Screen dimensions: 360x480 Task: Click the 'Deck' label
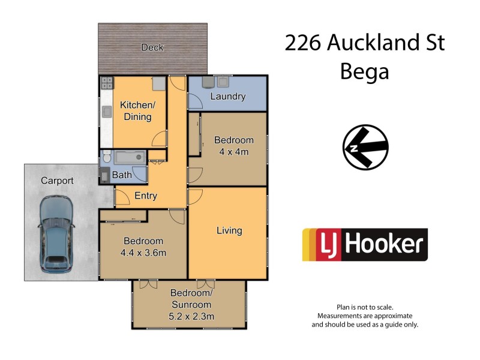click(x=152, y=47)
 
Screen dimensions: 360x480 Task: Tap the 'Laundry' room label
click(x=227, y=97)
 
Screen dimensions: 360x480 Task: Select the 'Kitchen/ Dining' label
click(x=137, y=111)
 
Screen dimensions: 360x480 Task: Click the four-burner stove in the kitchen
click(x=107, y=83)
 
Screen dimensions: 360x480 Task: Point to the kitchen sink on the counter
click(x=106, y=111)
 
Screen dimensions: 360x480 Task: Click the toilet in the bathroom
click(x=106, y=158)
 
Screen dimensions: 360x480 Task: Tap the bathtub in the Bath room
click(x=130, y=157)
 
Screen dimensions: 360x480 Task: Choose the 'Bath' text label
click(x=122, y=175)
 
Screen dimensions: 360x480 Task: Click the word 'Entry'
click(x=146, y=196)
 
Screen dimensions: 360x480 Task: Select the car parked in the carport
click(x=55, y=234)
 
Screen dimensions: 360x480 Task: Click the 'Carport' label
click(x=57, y=181)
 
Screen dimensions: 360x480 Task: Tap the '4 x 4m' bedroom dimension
click(x=233, y=152)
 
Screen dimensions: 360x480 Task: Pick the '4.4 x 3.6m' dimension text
click(x=143, y=253)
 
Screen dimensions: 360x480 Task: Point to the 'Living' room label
click(x=229, y=230)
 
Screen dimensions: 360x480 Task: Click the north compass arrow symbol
click(x=365, y=148)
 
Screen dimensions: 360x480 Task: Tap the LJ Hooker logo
click(x=365, y=245)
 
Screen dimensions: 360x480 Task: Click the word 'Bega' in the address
click(x=364, y=72)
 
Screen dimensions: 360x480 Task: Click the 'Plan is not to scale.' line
click(x=365, y=307)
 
